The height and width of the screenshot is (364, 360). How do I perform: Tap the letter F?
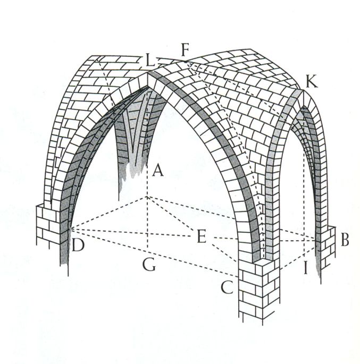185,51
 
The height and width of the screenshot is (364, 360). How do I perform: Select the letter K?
312,82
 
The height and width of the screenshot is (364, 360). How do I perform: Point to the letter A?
157,171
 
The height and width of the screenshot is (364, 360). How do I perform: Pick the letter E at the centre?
201,238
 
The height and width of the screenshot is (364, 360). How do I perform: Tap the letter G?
149,265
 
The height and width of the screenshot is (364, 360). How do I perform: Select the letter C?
227,287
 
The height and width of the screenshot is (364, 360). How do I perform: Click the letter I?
305,267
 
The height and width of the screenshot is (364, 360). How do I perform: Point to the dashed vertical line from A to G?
147,223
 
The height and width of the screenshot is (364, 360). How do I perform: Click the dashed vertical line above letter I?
304,202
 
